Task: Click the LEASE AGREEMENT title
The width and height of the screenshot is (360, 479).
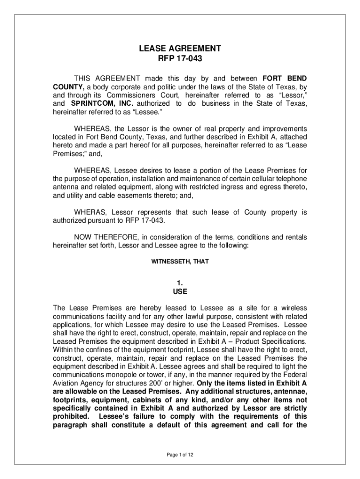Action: pos(180,48)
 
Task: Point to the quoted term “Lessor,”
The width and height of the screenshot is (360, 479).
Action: pos(292,94)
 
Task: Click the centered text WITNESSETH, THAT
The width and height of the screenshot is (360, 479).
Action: pos(180,262)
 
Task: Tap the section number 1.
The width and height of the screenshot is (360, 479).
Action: pos(180,282)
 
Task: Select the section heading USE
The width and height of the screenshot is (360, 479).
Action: pos(180,291)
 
